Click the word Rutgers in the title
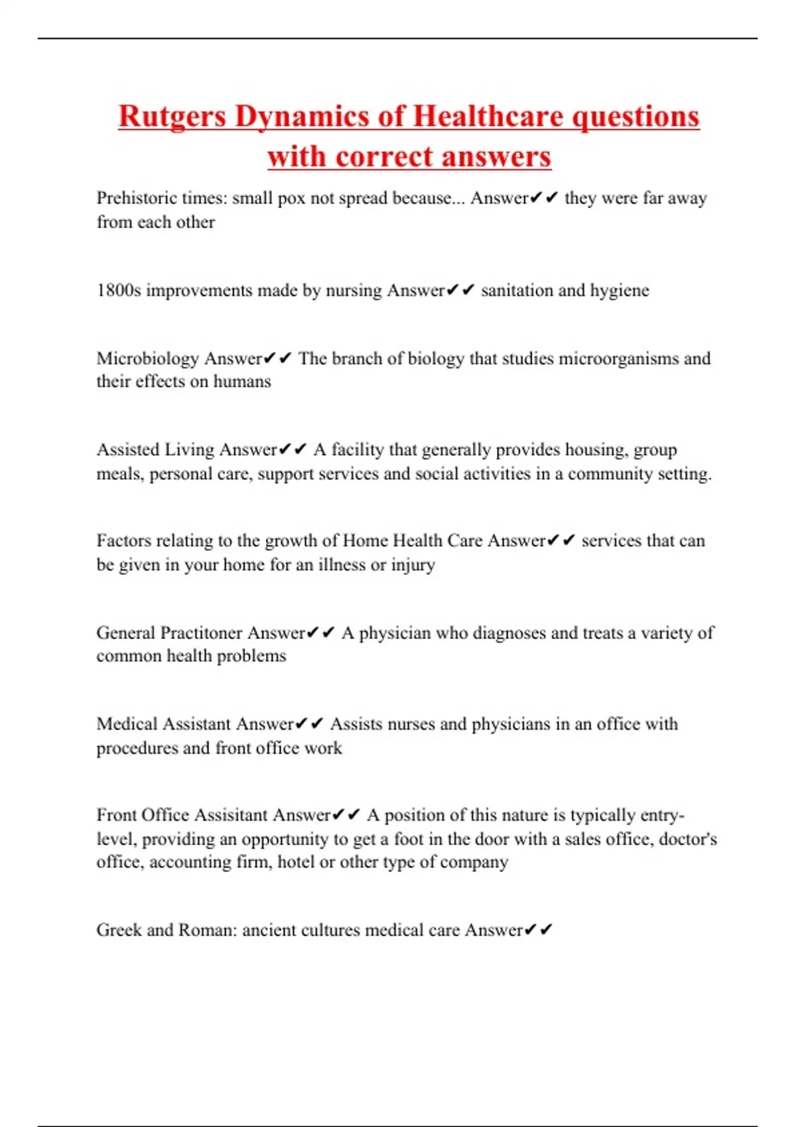click(172, 117)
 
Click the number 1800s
click(119, 290)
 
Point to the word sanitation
click(515, 290)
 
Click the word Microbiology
click(147, 359)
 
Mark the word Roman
click(207, 930)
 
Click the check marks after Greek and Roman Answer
click(538, 930)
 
